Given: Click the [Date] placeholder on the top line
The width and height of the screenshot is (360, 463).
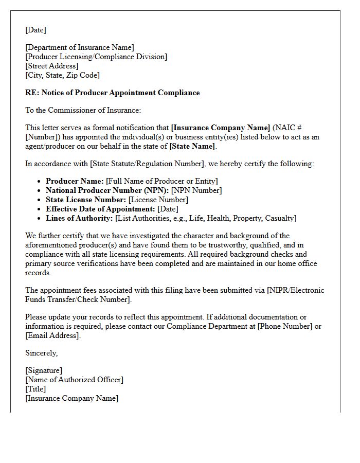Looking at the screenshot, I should pyautogui.click(x=35, y=30).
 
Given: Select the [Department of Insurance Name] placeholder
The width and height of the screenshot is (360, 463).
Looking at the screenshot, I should pyautogui.click(x=80, y=48).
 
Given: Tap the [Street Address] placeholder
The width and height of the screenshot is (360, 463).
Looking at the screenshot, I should pyautogui.click(x=52, y=66).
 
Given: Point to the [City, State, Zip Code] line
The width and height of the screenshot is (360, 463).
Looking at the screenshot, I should pyautogui.click(x=62, y=75).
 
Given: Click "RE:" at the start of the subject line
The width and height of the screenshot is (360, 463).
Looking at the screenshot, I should pyautogui.click(x=32, y=93).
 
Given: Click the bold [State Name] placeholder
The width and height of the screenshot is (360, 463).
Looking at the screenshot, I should pyautogui.click(x=192, y=146).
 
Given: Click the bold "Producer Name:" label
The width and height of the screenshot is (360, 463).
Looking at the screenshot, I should pyautogui.click(x=75, y=181).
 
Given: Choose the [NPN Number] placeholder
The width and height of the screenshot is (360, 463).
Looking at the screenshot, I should pyautogui.click(x=196, y=190).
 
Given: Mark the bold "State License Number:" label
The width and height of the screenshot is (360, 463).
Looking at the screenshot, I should pyautogui.click(x=86, y=200).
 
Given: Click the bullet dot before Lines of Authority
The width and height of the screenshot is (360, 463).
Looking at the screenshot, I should pyautogui.click(x=40, y=218).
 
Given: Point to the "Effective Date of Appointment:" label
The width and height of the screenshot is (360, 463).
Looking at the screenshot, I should pyautogui.click(x=100, y=209).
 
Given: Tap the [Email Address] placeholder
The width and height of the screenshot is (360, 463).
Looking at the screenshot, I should pyautogui.click(x=52, y=335).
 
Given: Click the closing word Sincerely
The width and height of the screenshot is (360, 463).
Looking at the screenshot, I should pyautogui.click(x=41, y=353).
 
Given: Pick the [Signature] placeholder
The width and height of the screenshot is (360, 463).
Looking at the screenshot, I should pyautogui.click(x=44, y=370).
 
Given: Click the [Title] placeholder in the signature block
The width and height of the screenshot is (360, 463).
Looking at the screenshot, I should pyautogui.click(x=35, y=389).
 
